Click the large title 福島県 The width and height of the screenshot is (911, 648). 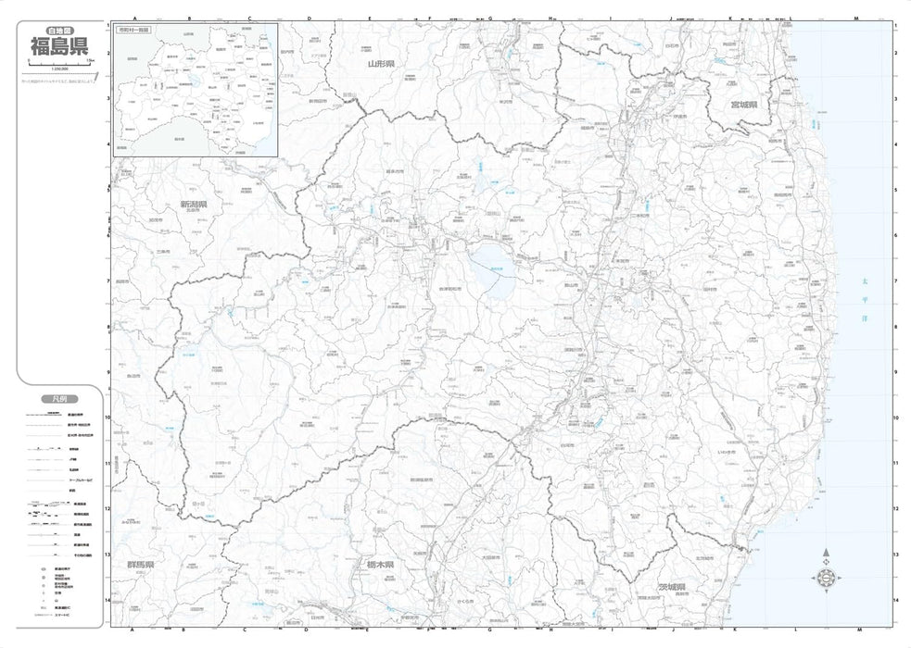[x=61, y=45]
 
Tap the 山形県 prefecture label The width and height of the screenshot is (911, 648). [x=380, y=64]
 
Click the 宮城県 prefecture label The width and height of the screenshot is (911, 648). [x=743, y=105]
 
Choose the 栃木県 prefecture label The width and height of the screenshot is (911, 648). [x=379, y=564]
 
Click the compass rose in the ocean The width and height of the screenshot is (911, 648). [x=825, y=579]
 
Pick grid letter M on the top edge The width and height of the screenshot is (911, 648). [x=856, y=18]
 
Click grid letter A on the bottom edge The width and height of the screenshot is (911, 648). [x=135, y=630]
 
